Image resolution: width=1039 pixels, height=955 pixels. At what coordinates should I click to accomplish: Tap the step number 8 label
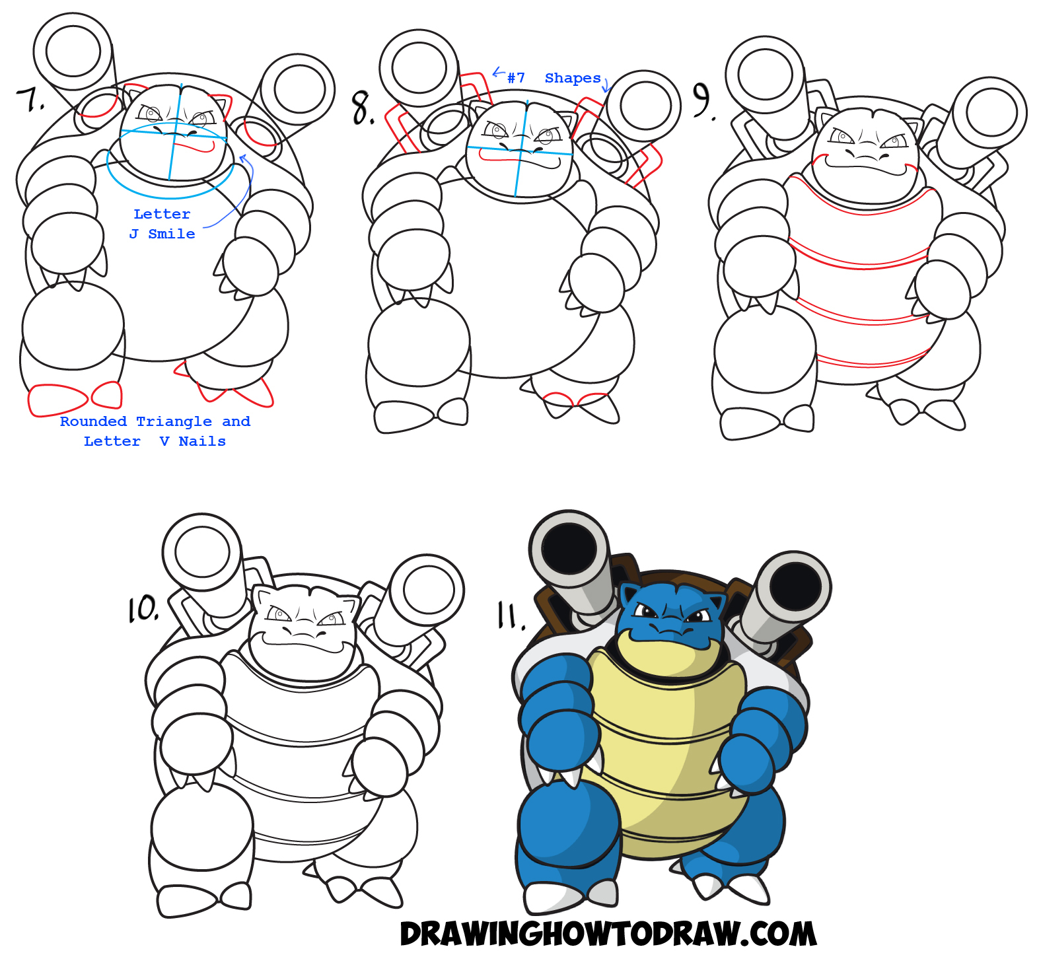click(x=362, y=108)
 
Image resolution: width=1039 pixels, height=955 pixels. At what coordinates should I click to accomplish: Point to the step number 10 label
click(x=143, y=609)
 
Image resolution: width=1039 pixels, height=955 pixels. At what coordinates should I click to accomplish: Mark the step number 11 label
click(x=510, y=616)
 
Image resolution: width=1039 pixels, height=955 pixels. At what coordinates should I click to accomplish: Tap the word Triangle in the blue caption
click(x=174, y=421)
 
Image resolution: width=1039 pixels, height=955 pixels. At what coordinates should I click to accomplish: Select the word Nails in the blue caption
click(x=202, y=441)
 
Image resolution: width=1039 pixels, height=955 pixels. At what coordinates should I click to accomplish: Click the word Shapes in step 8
click(x=573, y=78)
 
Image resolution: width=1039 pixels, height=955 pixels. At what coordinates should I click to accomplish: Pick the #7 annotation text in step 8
click(x=516, y=78)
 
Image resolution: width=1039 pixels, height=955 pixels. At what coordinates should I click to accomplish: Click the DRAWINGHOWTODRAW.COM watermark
click(x=608, y=934)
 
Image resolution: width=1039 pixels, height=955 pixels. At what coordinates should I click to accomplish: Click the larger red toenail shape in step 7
click(x=58, y=400)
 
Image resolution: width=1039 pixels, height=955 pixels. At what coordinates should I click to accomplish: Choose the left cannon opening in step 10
click(x=201, y=551)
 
